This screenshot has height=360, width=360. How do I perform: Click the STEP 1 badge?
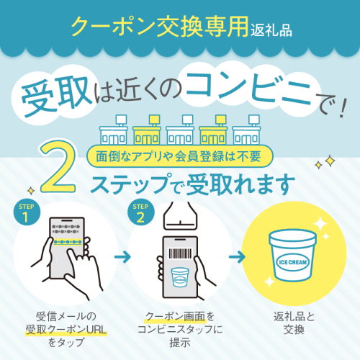pos(27,212)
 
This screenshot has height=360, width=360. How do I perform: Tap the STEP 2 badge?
pos(140,212)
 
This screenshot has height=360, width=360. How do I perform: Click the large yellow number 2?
pos(58,167)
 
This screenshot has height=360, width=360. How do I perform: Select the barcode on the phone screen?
pos(181,253)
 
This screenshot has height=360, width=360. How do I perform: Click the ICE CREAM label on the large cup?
pos(292,262)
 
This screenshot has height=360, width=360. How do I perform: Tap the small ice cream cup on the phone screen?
pos(180,277)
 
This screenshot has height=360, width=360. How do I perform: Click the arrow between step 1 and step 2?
pos(122,257)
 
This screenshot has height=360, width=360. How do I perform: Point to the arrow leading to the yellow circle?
pos(237,257)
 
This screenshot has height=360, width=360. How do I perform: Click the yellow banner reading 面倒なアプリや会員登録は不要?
pos(180,156)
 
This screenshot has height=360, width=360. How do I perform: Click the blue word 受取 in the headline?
pos(57,96)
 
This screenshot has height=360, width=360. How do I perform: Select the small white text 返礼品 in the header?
pos(271,30)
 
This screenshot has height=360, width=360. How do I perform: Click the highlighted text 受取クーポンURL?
pos(66,330)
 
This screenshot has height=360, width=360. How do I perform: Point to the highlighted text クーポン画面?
pos(176,317)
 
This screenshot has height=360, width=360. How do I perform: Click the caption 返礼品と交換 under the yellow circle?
pos(294,323)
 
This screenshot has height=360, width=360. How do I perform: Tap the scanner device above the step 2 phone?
pos(180,215)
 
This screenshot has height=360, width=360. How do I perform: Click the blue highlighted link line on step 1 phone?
pos(68,242)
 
